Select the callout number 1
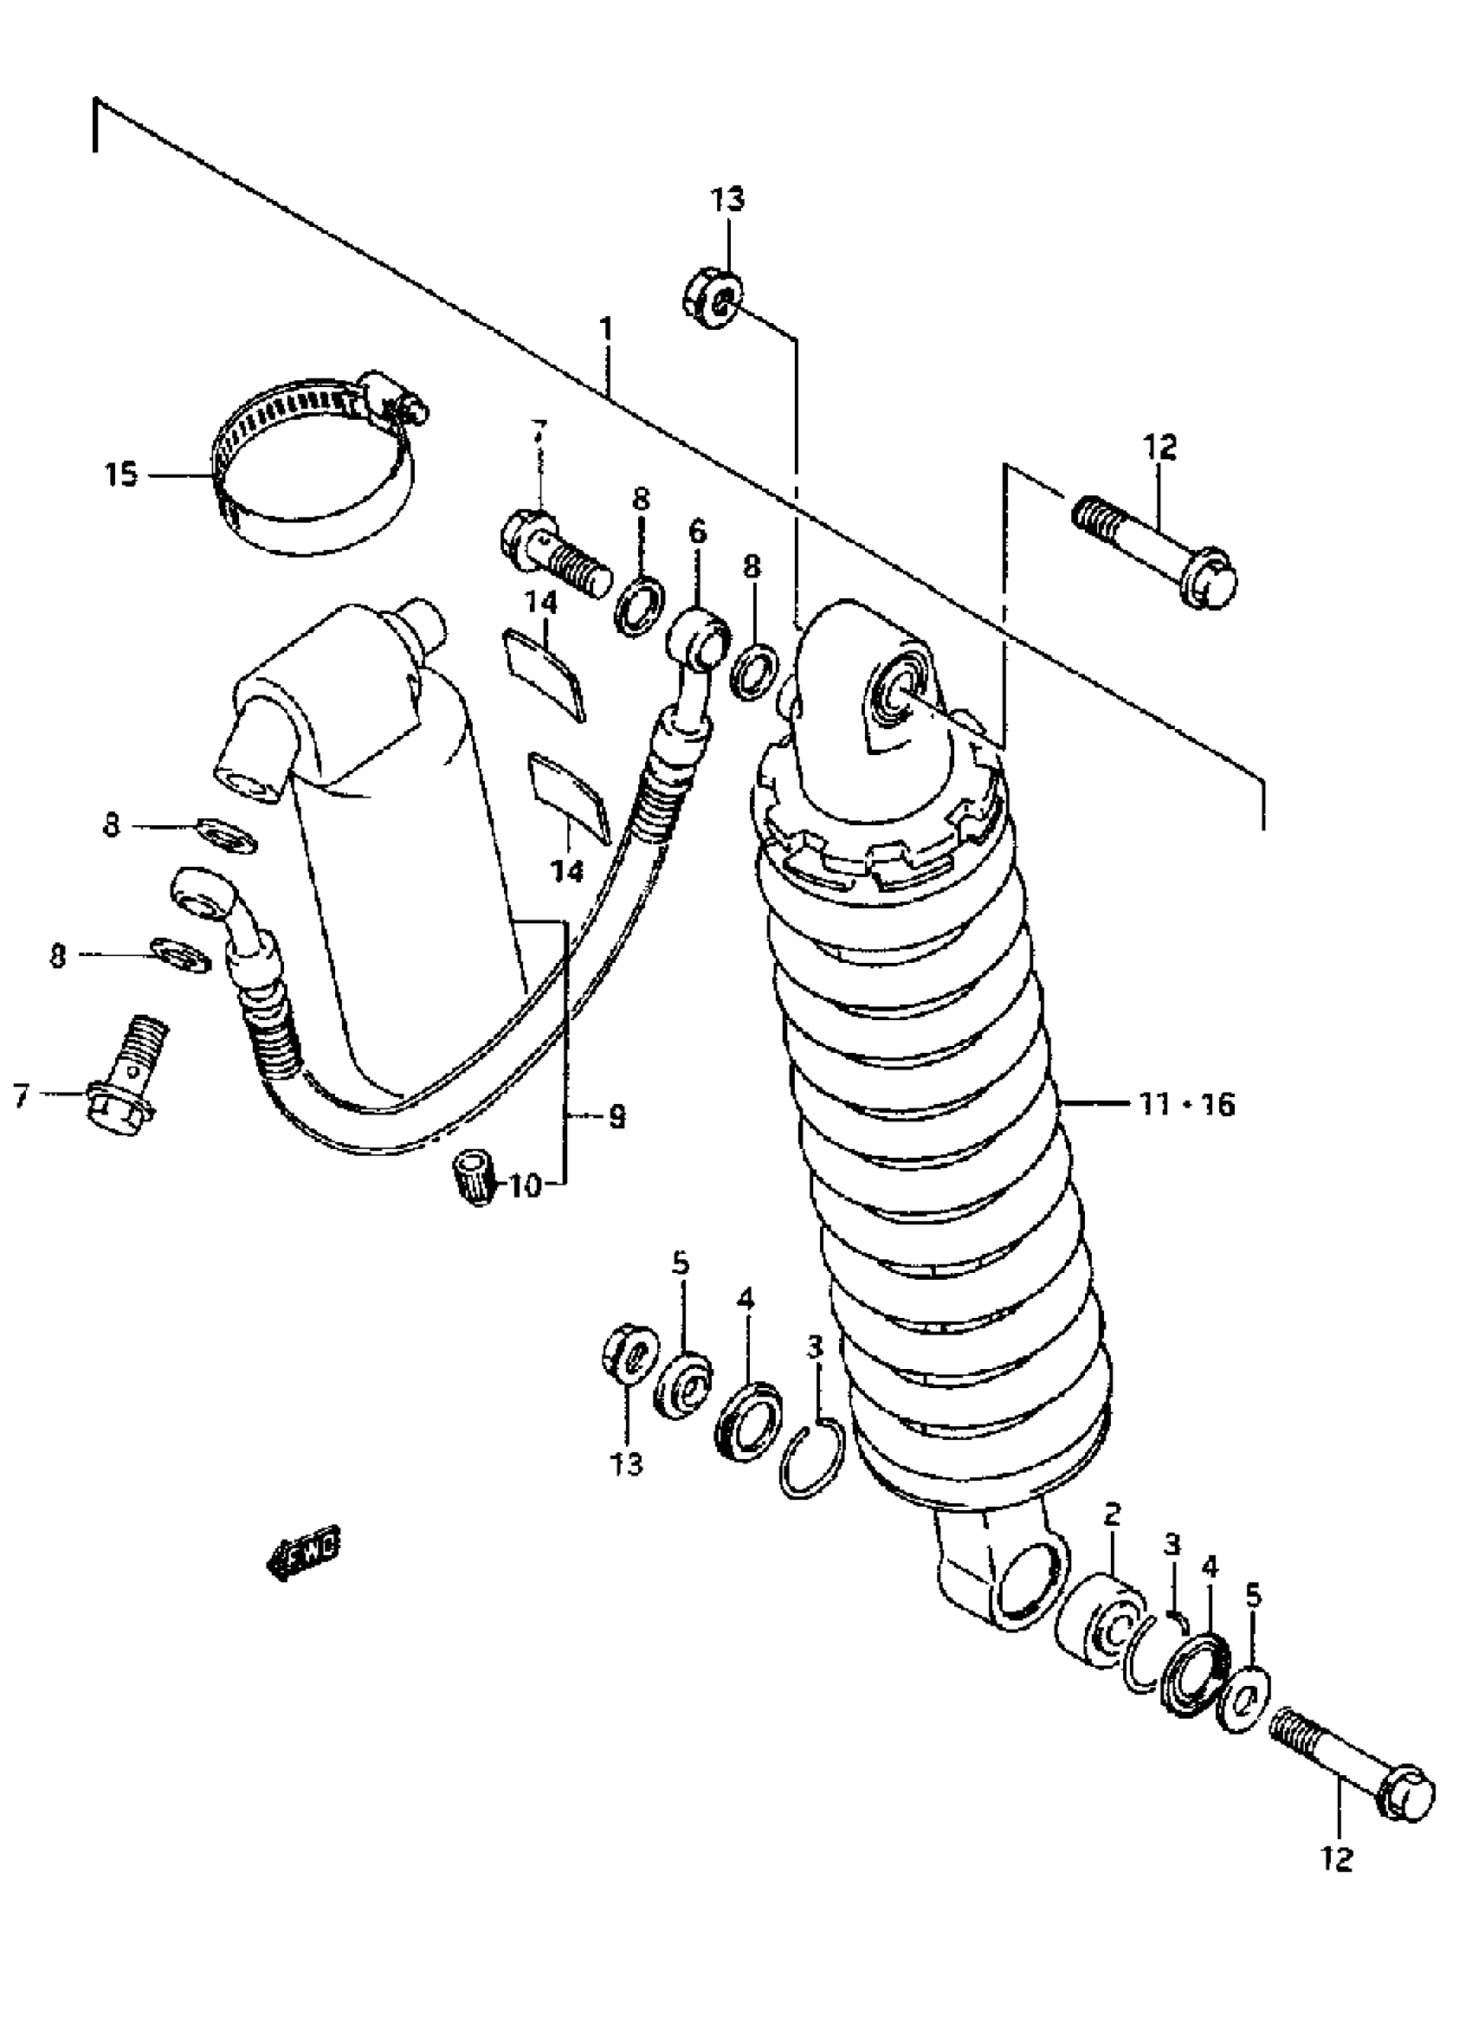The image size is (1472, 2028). (x=607, y=329)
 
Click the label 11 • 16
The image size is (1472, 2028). (x=1188, y=1105)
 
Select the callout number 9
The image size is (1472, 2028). (x=617, y=1116)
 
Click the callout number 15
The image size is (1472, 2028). (x=121, y=474)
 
